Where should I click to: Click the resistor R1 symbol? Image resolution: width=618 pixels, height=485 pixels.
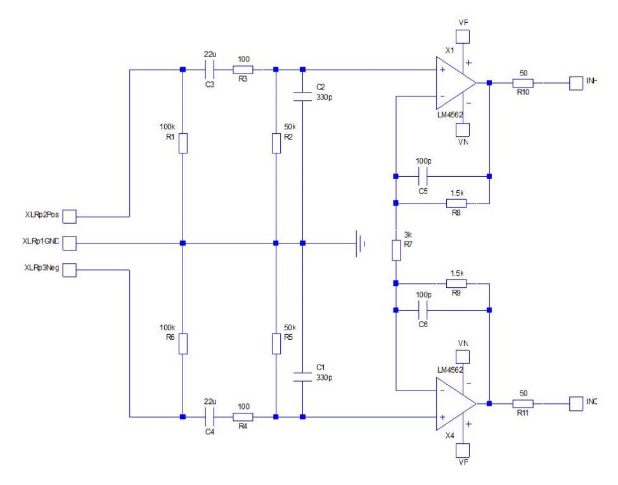point(183,143)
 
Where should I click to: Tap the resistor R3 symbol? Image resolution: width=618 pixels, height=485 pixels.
point(243,70)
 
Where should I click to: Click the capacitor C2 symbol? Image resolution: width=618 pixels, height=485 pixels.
point(302,97)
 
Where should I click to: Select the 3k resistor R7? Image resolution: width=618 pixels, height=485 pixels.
point(396,250)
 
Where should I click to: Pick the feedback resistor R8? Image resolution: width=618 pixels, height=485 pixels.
point(456,204)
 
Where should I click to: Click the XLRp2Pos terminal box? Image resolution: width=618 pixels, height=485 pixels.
point(69,217)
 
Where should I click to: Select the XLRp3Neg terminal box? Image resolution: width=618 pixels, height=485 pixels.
point(69,271)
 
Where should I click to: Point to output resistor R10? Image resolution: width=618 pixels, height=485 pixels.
point(523,82)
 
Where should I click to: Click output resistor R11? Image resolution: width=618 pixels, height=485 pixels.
point(523,403)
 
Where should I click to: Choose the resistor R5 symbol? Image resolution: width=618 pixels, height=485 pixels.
point(276,344)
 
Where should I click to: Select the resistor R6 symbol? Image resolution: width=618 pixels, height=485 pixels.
point(183,344)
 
